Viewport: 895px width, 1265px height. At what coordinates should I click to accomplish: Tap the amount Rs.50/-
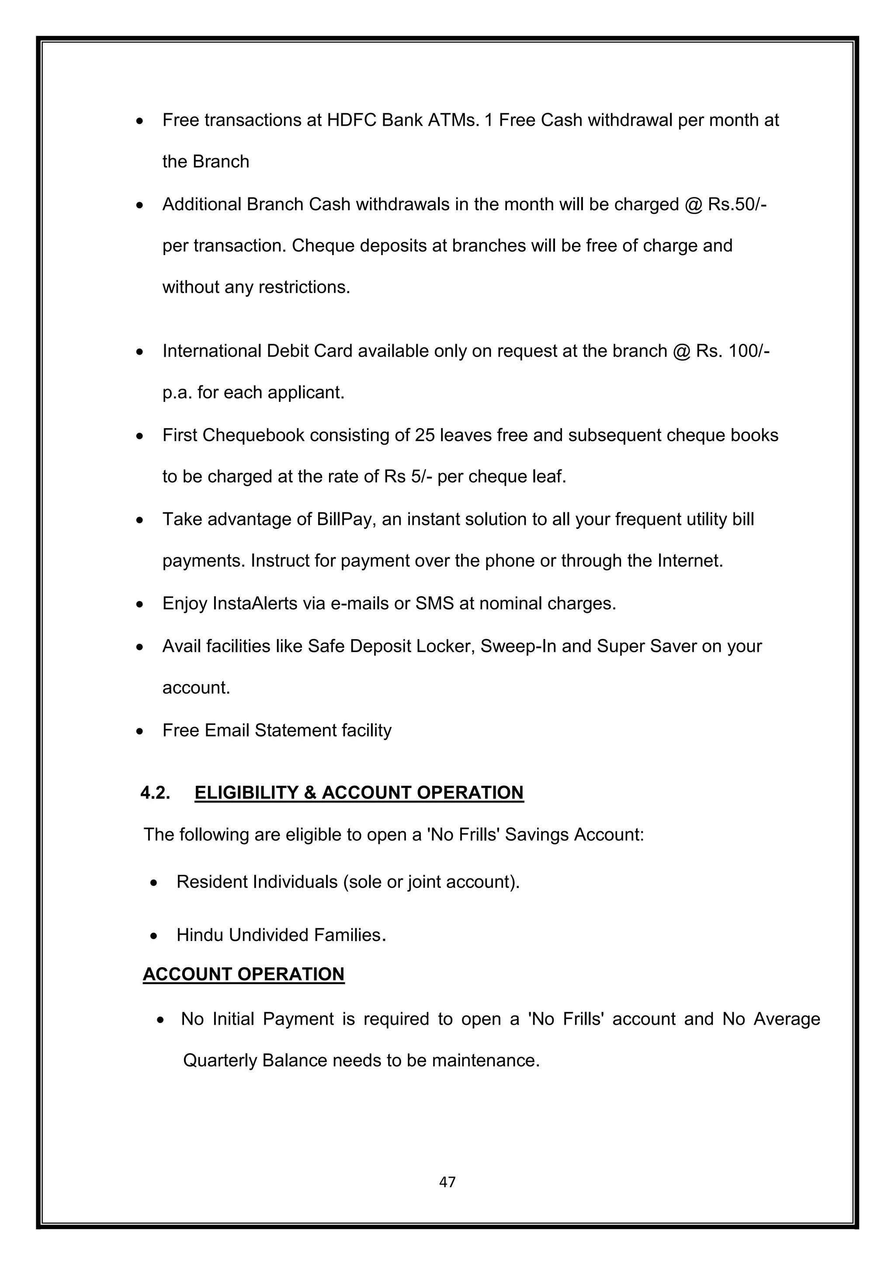(737, 204)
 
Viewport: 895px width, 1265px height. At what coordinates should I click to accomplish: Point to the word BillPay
(346, 519)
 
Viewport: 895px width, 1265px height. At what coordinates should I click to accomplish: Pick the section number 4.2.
(155, 792)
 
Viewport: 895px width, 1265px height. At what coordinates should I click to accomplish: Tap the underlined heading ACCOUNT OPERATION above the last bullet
(243, 974)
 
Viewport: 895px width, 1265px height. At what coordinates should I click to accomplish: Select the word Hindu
(200, 935)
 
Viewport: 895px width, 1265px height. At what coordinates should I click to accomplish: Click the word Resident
(212, 881)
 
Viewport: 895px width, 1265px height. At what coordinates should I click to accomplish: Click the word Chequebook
(253, 435)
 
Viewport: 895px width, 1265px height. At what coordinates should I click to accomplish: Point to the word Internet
(690, 561)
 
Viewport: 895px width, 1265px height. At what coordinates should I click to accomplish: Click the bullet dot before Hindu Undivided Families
(154, 936)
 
